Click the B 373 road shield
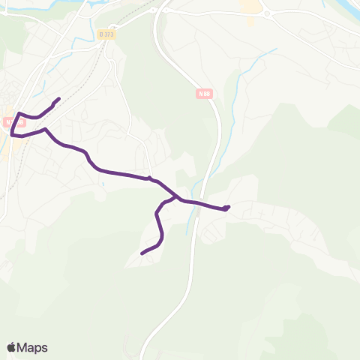click(x=107, y=34)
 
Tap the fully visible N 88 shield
click(x=205, y=93)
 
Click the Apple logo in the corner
click(x=11, y=347)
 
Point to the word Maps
click(x=33, y=347)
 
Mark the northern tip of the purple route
click(x=58, y=98)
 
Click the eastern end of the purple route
click(x=228, y=206)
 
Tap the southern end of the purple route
click(x=142, y=254)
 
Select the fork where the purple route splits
click(x=178, y=198)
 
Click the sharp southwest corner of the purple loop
click(x=11, y=135)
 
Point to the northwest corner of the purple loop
click(x=19, y=114)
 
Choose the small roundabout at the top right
click(x=265, y=12)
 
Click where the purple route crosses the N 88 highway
click(x=196, y=202)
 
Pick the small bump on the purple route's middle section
click(x=149, y=178)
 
